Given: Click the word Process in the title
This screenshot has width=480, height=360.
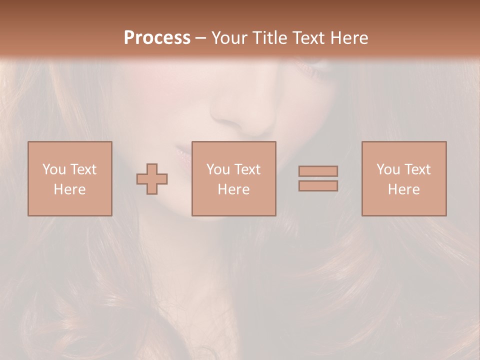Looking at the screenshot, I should click(157, 37).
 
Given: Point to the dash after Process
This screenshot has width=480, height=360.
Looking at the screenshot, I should click(200, 38).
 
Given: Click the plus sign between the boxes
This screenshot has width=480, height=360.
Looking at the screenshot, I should click(152, 178).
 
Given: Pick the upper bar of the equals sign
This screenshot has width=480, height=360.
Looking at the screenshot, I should click(318, 171).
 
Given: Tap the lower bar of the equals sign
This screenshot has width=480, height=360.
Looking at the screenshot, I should click(318, 186).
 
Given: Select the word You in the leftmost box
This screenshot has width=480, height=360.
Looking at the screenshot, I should click(54, 169).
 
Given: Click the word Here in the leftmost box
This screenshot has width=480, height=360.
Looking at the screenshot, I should click(69, 189).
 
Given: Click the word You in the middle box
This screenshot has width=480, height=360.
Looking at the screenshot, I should click(218, 169).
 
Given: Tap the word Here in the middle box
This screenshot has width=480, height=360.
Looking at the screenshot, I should click(233, 189).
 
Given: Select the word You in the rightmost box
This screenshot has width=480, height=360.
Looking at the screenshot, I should click(388, 169).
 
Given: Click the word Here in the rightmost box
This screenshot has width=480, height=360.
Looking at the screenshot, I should click(403, 189).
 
